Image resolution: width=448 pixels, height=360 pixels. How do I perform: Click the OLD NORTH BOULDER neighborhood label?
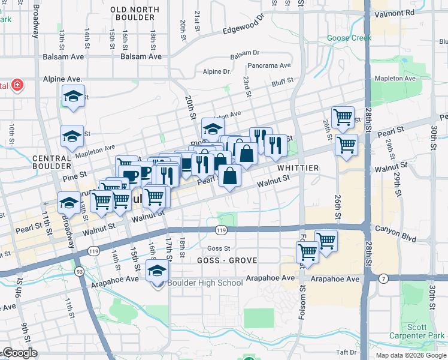tap(135, 14)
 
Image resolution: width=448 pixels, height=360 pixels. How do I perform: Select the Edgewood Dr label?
tap(243, 26)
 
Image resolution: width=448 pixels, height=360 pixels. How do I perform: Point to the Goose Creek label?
tap(349, 38)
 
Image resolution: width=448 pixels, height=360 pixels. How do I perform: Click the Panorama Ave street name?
tap(269, 65)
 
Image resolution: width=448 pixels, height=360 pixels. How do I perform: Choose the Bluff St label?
tap(282, 81)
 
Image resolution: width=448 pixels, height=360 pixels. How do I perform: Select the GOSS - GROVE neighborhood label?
tap(227, 260)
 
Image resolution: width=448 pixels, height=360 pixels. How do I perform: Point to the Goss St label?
tap(218, 248)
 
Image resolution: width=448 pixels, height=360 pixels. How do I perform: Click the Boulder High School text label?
tap(205, 283)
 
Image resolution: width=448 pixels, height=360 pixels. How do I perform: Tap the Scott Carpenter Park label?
tap(425, 331)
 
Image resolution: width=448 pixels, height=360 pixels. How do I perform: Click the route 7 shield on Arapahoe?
tap(383, 278)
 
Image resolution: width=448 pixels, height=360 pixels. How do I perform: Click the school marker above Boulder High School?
tap(158, 272)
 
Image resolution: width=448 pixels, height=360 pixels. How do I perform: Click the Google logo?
tap(19, 353)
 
